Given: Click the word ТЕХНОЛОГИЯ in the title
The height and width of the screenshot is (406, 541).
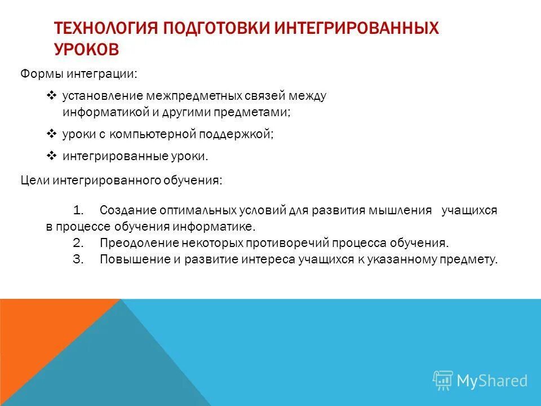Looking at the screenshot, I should pos(105,28).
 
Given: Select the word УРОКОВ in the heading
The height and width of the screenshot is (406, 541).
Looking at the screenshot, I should pos(87,49).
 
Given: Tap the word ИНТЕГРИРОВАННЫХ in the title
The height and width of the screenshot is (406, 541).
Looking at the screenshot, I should pos(356,28).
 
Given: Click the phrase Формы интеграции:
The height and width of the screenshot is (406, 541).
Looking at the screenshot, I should pos(79,74).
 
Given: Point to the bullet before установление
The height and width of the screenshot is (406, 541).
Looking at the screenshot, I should pos(50,96).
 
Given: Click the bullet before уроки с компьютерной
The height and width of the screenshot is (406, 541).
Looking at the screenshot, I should pos(50,134).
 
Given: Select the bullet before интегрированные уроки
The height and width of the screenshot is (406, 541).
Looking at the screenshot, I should pos(50,156).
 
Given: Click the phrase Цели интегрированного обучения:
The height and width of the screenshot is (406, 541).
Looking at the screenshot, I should pos(122,180).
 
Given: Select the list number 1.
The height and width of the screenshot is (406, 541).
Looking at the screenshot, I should pos(78,210).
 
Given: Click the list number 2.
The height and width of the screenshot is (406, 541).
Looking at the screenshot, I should pos(78,243).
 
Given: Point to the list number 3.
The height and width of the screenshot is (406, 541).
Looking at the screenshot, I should pos(78,259).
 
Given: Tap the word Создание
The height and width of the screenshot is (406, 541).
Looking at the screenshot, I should pos(128,210).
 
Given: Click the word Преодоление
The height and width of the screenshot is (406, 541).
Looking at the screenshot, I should pos(139,243).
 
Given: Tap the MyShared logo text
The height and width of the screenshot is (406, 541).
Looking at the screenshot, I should pos(491,381).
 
